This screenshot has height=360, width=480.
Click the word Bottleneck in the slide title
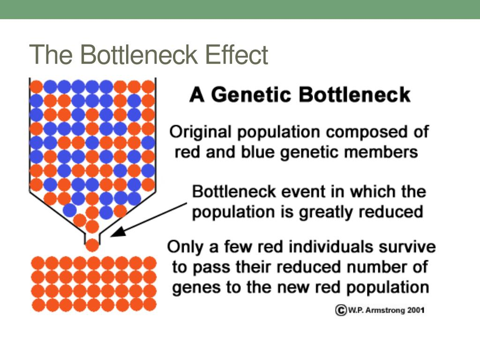[x=139, y=54]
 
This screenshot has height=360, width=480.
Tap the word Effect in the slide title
[x=237, y=54]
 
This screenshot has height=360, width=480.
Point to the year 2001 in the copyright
[x=415, y=310]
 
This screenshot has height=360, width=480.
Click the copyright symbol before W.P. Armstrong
[x=341, y=310]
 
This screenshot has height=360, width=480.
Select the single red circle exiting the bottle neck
[x=92, y=245]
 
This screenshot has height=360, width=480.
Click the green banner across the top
[x=240, y=9]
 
